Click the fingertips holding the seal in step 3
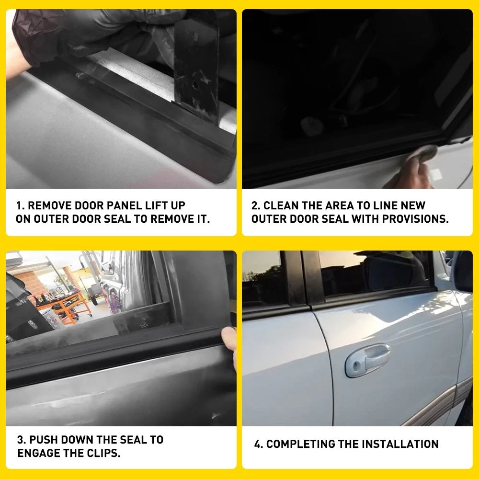coord(230,343)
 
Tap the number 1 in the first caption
coord(19,206)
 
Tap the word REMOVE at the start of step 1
coord(50,206)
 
